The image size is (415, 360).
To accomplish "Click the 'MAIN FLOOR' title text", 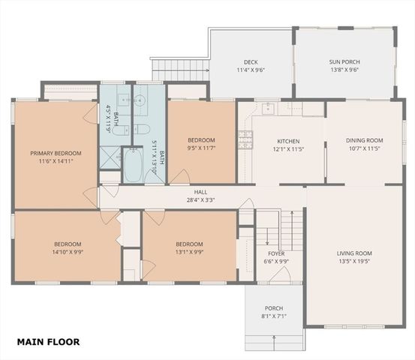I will click(48, 342).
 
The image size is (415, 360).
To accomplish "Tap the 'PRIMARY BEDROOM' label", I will click(56, 153).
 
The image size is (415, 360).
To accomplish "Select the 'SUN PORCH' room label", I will click(344, 61).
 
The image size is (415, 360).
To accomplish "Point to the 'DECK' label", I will click(251, 61).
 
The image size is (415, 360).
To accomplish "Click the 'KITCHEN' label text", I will click(288, 141).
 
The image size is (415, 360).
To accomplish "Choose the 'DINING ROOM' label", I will click(364, 140).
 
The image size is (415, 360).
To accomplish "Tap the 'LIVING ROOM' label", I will click(353, 253).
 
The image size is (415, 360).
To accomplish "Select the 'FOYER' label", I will click(276, 253).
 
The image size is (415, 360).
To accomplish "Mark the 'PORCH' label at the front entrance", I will click(273, 308).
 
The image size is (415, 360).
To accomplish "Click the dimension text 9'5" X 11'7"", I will click(201, 148).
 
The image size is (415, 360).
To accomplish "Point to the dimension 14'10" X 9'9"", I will click(68, 252).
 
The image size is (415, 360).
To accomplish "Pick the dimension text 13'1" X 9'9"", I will click(189, 252).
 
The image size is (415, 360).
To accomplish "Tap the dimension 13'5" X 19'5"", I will click(353, 262).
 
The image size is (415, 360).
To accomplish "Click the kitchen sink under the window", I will click(266, 109).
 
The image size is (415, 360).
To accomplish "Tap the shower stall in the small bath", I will click(110, 158).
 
